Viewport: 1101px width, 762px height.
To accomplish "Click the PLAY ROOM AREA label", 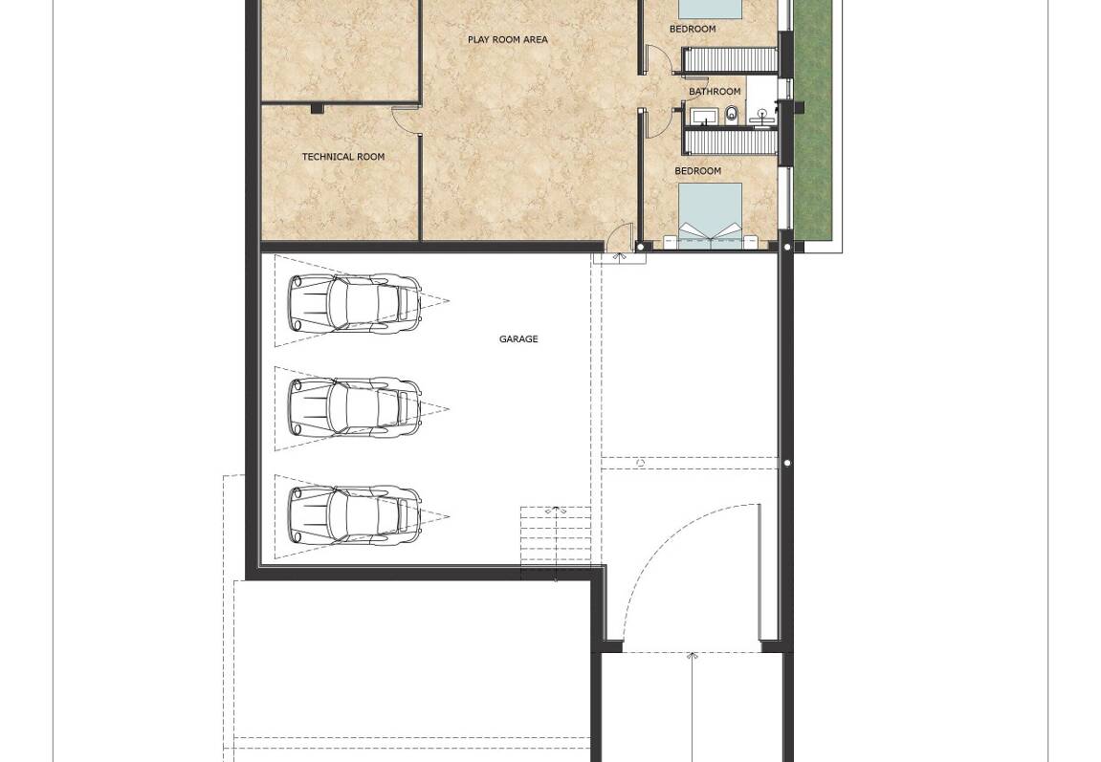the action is [508, 40].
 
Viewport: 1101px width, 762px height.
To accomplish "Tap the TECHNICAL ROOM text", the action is [343, 157].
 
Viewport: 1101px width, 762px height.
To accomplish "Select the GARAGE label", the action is [518, 338].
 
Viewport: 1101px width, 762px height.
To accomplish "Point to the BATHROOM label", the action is [715, 92].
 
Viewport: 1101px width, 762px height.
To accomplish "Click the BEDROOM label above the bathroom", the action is [694, 29].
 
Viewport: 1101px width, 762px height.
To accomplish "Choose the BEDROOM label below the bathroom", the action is [698, 170].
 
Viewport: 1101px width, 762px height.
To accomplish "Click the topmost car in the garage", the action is [356, 302].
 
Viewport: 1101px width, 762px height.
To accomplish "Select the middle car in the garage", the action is [356, 408].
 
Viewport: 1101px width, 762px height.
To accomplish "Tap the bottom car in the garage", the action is [356, 515].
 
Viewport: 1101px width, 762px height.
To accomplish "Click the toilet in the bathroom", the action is [733, 114].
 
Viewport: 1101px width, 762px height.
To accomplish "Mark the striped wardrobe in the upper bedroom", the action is [731, 59].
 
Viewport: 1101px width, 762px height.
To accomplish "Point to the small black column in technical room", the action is [318, 109].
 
